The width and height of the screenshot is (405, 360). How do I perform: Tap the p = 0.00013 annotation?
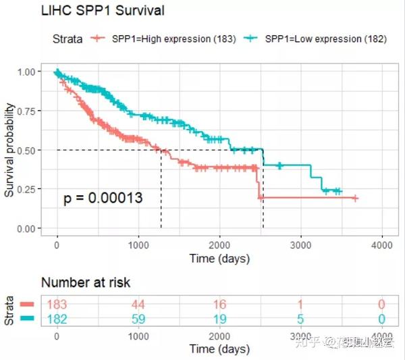tap(103, 198)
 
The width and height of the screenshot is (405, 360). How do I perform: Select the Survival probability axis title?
tap(10, 150)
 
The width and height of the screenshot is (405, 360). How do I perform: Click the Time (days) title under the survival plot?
tap(219, 259)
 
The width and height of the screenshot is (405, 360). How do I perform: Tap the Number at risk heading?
tap(86, 282)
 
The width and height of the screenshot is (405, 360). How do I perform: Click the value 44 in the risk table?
tap(138, 305)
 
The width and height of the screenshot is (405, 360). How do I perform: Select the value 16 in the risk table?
tap(220, 305)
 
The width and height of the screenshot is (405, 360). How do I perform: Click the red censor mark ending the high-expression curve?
tap(355, 198)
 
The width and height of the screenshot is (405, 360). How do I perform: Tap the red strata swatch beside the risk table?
tap(27, 305)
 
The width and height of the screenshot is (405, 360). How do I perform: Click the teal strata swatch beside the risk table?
tap(27, 317)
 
